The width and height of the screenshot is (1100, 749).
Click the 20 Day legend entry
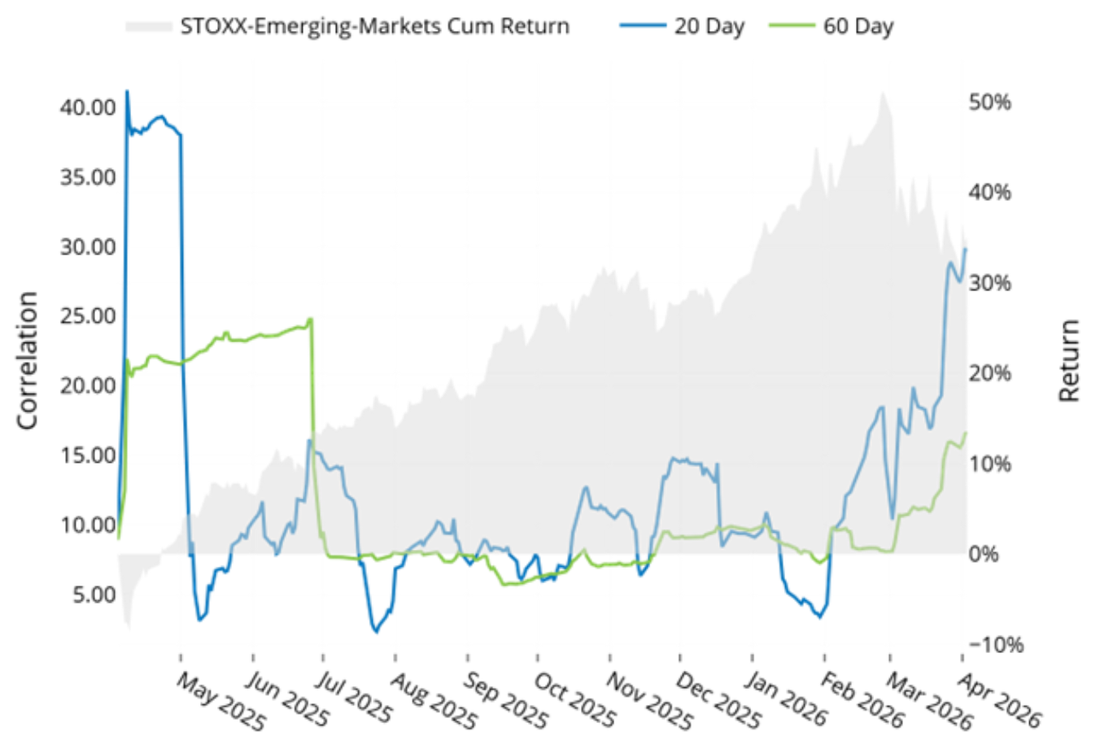[708, 27]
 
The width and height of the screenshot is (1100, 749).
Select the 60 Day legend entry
[858, 27]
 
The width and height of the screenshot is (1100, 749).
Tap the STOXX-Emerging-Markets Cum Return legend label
[374, 27]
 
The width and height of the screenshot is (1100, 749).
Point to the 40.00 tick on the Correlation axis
[88, 107]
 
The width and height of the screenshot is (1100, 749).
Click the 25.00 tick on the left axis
[88, 316]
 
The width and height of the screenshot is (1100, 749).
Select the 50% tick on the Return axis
[990, 102]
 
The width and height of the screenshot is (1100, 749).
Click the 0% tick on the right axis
[984, 555]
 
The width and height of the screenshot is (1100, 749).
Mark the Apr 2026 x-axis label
[999, 700]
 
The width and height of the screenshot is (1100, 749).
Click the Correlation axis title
[28, 359]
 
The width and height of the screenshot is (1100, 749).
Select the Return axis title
[1069, 359]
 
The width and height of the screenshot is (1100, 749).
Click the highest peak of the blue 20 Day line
[127, 91]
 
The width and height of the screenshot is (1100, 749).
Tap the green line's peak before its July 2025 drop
[311, 319]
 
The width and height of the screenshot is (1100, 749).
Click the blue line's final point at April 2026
[966, 249]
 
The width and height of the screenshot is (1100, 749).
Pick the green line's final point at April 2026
[966, 433]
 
